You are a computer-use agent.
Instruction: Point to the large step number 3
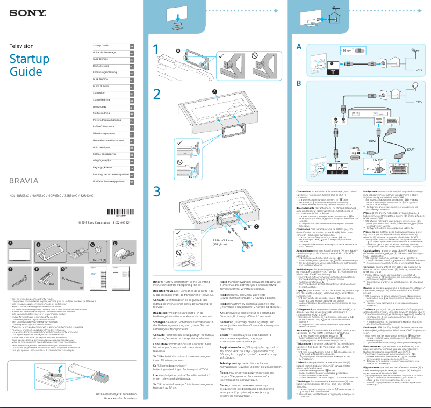click(x=156, y=191)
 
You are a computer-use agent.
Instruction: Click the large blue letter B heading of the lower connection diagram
click(x=299, y=84)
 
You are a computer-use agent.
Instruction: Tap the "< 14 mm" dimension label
click(x=347, y=51)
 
